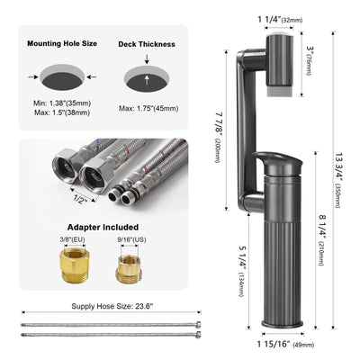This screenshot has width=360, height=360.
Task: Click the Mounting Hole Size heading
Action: click(63, 42)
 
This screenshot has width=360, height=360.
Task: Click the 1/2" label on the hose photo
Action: click(81, 199)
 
